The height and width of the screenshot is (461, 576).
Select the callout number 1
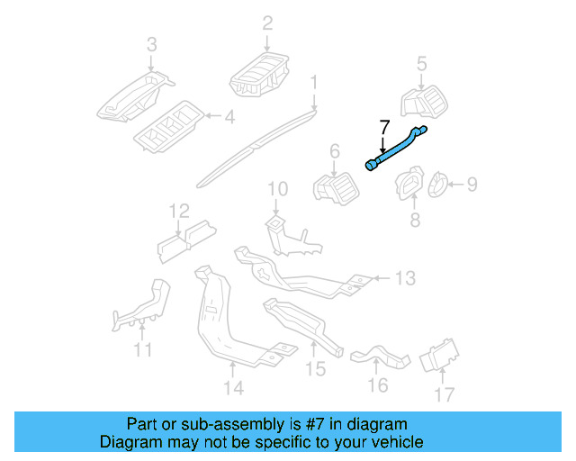[314, 84]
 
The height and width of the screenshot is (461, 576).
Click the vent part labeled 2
[260, 73]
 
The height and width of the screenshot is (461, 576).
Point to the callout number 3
[151, 44]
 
